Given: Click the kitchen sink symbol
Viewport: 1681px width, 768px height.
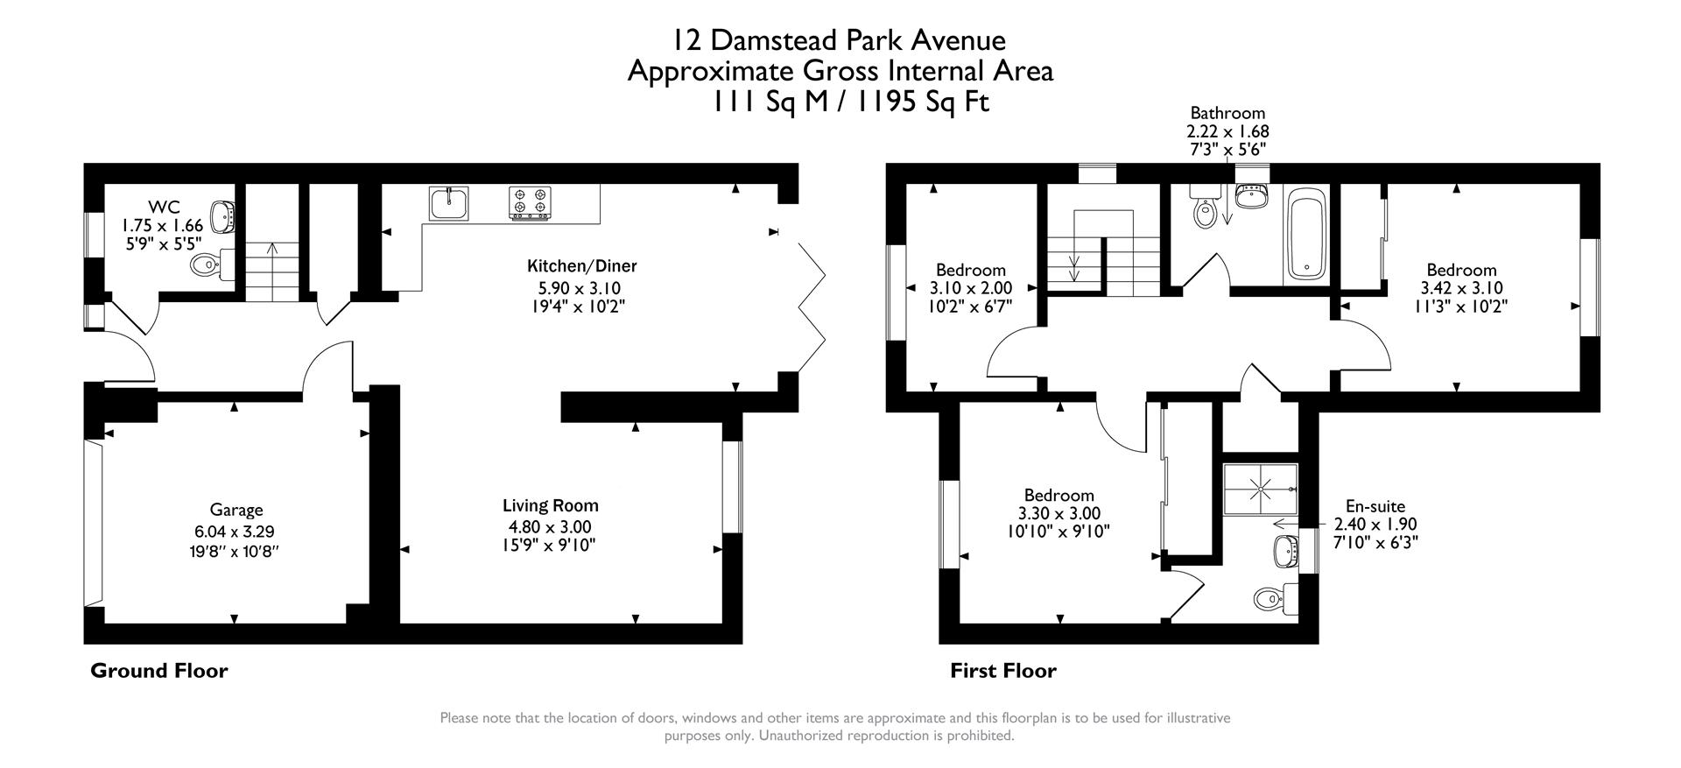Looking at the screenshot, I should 448,203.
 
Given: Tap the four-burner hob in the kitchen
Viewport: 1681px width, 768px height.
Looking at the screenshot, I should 530,203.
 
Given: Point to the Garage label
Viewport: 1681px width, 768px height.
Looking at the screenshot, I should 236,510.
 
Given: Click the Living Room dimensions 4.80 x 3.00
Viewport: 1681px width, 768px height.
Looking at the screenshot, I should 550,526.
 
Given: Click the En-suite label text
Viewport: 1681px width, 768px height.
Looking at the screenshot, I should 1375,506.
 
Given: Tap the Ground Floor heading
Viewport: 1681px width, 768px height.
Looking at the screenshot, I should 159,671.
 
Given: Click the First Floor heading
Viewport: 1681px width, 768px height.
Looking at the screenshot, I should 1003,671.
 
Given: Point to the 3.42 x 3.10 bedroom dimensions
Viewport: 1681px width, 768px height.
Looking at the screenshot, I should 1460,288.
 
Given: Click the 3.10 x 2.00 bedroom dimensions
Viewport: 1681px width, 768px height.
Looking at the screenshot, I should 970,288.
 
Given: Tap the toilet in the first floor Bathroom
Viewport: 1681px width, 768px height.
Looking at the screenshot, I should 1206,210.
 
